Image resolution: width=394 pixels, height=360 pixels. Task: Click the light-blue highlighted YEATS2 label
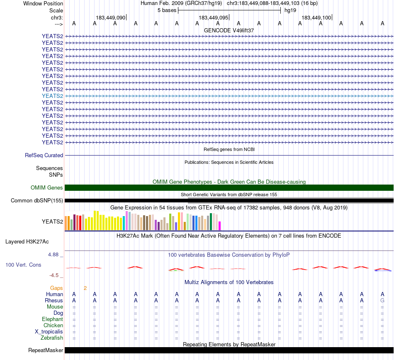(x=52, y=96)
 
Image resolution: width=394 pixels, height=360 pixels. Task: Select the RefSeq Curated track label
(x=44, y=156)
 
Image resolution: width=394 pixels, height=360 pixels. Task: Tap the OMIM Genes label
(x=47, y=188)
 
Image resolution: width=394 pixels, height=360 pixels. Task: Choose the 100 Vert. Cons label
(x=23, y=265)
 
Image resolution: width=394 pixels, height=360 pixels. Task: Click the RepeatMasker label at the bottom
(x=46, y=350)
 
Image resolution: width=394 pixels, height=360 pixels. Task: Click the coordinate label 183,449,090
(x=110, y=18)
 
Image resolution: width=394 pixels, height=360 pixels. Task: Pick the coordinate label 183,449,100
(x=316, y=18)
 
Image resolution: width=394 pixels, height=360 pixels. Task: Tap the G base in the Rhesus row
(x=382, y=300)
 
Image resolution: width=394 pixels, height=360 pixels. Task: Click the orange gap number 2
(x=85, y=288)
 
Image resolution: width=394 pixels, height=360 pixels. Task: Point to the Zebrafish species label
(x=52, y=338)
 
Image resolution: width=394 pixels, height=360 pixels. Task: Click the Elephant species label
(x=52, y=319)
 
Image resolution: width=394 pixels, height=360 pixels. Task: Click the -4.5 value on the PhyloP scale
(x=55, y=275)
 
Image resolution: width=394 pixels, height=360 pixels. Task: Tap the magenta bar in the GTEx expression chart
(x=219, y=226)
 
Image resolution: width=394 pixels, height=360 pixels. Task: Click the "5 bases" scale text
(x=167, y=10)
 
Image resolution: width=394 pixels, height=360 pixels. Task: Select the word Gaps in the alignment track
(x=56, y=288)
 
